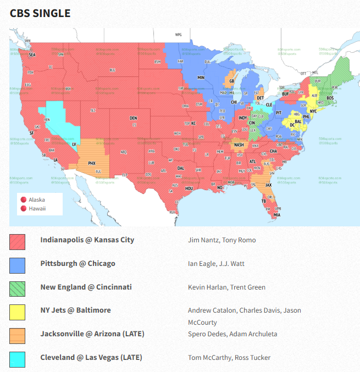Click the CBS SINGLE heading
tap(40, 13)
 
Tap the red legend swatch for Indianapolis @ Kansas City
tap(17, 241)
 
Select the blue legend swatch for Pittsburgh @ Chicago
tap(17, 265)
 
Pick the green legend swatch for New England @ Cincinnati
tap(17, 288)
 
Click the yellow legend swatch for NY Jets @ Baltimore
tap(17, 312)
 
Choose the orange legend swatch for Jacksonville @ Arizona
tap(17, 335)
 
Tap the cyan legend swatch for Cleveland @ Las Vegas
tap(17, 359)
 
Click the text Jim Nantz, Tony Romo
tap(221, 240)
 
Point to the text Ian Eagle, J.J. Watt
tap(216, 264)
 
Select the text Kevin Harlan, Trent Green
tap(226, 287)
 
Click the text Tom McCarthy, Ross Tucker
tap(229, 358)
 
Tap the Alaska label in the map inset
tap(37, 199)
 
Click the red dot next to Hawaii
tap(24, 208)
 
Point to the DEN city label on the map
tap(133, 118)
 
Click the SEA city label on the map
tap(32, 55)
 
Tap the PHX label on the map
tap(92, 163)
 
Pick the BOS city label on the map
tap(330, 98)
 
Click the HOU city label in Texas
tap(189, 188)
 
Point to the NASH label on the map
tap(239, 145)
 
